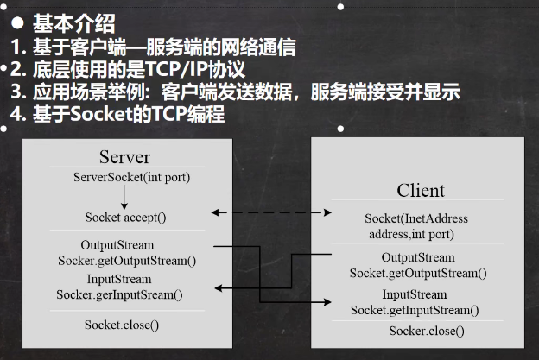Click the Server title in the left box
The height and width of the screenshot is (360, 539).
[124, 157]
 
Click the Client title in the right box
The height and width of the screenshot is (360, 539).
[421, 190]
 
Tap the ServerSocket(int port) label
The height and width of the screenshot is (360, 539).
[126, 178]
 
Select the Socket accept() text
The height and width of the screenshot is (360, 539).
[126, 218]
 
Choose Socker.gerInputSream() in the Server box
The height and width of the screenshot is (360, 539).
[120, 294]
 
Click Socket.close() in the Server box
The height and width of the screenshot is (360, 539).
[122, 325]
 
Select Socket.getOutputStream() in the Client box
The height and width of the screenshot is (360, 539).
[418, 273]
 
